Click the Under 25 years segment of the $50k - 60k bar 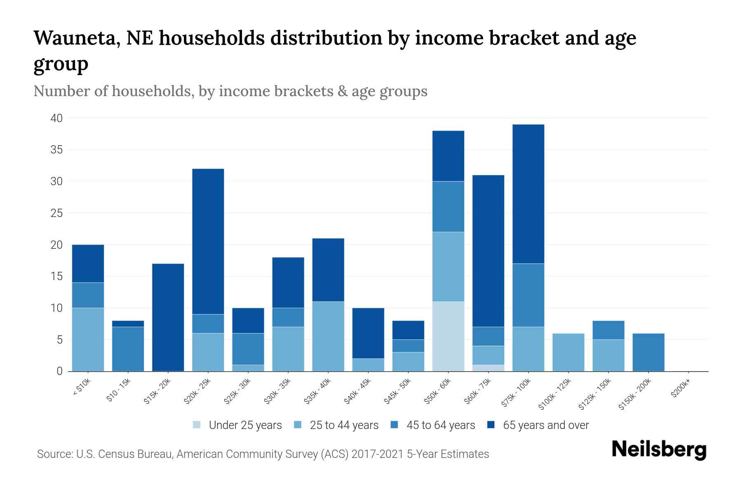[448, 336]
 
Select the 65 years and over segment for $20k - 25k [208, 241]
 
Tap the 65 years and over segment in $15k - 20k [168, 317]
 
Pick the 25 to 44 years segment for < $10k [88, 339]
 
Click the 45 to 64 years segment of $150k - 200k [648, 352]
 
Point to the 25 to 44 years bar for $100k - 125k [568, 352]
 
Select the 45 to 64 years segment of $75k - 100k [528, 295]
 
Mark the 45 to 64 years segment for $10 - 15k [128, 349]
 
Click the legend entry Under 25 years [245, 425]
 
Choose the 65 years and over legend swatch [491, 425]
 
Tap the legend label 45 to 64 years [441, 425]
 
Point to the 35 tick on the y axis [56, 150]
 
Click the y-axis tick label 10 [56, 308]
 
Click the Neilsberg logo [659, 450]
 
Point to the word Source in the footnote [54, 454]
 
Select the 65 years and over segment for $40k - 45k [368, 333]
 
